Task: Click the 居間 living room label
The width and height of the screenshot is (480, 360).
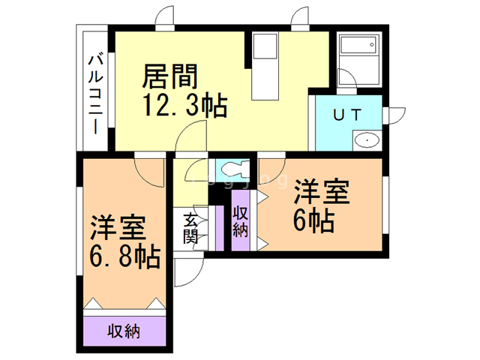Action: tap(171, 77)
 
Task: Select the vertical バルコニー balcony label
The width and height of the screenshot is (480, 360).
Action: tap(95, 94)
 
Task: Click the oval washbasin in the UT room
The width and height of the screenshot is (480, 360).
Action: tap(366, 139)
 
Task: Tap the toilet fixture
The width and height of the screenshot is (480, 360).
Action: tap(233, 169)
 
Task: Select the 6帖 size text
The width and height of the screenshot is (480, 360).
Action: tap(313, 221)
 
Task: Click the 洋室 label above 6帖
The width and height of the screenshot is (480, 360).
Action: tap(322, 192)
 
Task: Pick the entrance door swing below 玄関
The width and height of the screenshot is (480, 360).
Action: tap(187, 271)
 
